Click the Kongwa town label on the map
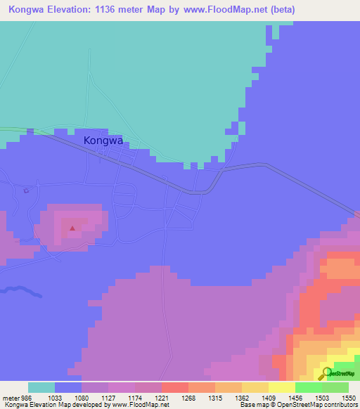[103, 140]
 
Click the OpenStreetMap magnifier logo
[326, 373]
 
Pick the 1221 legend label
[162, 397]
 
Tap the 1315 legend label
[215, 397]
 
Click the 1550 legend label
[349, 397]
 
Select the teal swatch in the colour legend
[41, 387]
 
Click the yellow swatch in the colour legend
[281, 387]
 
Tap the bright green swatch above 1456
[308, 387]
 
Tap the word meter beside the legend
[10, 397]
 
